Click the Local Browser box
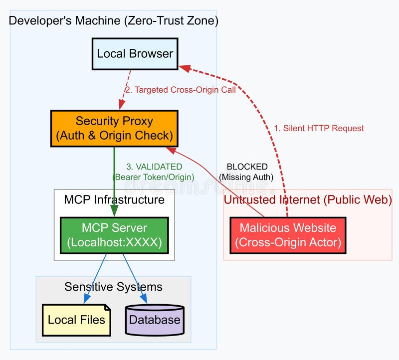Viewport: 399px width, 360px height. pos(135,54)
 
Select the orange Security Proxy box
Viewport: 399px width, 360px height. pos(114,128)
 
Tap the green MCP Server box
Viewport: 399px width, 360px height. pos(114,235)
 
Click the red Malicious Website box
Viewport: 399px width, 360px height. pos(288,235)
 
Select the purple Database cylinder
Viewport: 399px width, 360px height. pos(155,320)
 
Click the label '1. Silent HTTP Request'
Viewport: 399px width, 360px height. pos(319,128)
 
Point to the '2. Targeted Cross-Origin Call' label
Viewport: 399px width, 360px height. pos(180,90)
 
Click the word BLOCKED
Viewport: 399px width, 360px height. pos(247,167)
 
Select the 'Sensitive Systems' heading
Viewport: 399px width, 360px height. pos(113,287)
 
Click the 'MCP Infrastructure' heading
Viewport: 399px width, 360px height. pos(114,200)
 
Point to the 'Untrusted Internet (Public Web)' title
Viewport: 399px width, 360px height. pos(307,200)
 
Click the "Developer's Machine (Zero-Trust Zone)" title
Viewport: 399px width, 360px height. pos(114,21)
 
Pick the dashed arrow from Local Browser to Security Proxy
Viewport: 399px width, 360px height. pos(125,90)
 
